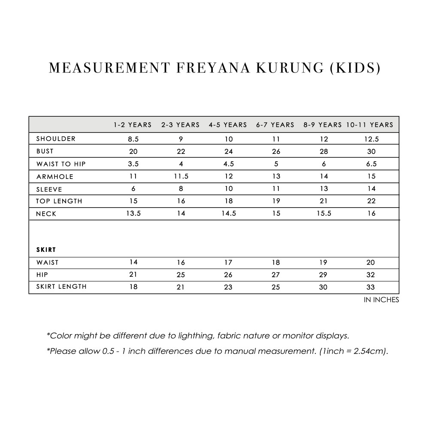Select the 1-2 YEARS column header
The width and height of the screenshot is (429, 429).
[133, 125]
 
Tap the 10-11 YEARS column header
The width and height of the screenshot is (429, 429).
[370, 125]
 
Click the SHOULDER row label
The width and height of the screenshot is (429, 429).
[56, 139]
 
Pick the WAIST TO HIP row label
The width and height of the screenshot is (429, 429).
[61, 164]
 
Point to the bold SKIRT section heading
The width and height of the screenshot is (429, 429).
[46, 249]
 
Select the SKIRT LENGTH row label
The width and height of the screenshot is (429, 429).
[61, 287]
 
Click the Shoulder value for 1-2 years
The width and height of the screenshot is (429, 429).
[133, 139]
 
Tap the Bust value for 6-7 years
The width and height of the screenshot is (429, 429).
[276, 151]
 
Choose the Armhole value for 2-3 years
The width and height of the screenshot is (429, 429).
[181, 176]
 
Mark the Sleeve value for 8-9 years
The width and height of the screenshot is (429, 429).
[324, 189]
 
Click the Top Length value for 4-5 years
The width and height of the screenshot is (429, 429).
[228, 201]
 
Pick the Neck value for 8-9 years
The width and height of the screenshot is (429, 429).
[324, 214]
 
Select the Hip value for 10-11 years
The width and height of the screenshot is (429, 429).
[371, 275]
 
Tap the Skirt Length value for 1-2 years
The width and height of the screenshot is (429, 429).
[133, 287]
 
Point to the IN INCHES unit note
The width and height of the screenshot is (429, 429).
[381, 300]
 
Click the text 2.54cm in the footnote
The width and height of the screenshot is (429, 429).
[370, 351]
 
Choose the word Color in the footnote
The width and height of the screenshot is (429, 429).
[62, 335]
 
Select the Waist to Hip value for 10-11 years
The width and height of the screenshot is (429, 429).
[372, 164]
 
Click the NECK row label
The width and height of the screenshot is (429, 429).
[46, 214]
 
